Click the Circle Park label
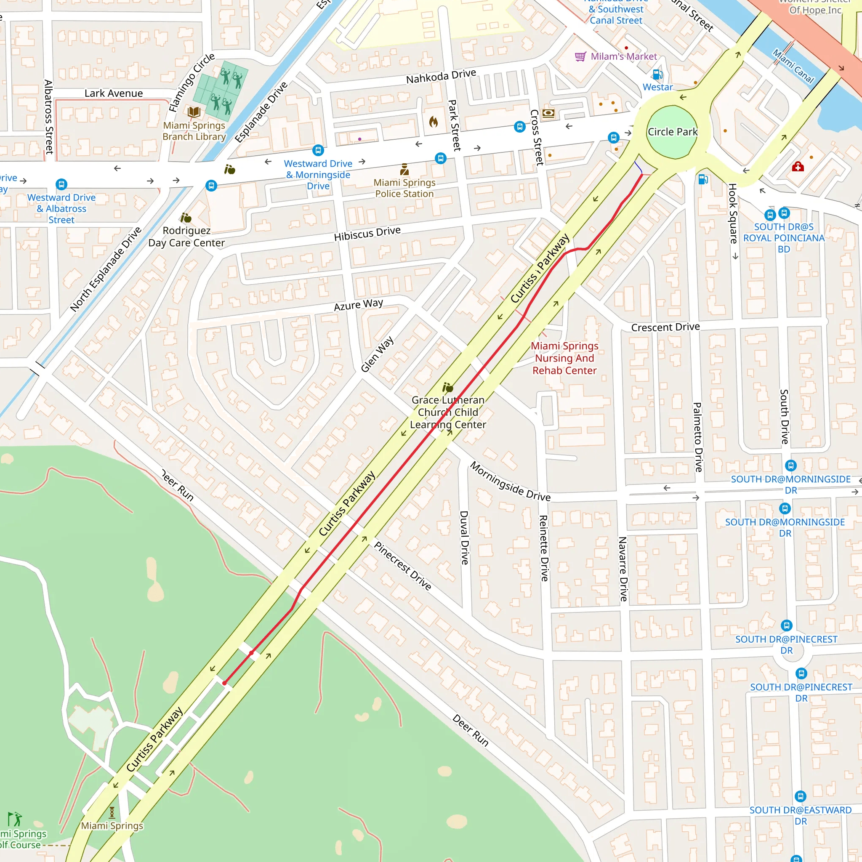(672, 132)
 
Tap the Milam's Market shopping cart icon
(580, 57)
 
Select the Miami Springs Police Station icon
(404, 170)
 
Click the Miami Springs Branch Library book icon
(194, 112)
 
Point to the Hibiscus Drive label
(367, 233)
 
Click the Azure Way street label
(358, 305)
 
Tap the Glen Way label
(377, 354)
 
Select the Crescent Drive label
(665, 327)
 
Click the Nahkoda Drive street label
(441, 76)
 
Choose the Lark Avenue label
(114, 93)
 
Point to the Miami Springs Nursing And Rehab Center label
(564, 358)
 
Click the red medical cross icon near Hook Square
(798, 167)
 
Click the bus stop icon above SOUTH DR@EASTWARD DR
(801, 796)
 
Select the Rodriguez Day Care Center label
(186, 237)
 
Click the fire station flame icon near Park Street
(433, 121)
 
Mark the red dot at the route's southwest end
(224, 683)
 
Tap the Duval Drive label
(465, 537)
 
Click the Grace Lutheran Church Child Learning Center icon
(447, 387)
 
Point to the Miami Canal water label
(793, 66)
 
